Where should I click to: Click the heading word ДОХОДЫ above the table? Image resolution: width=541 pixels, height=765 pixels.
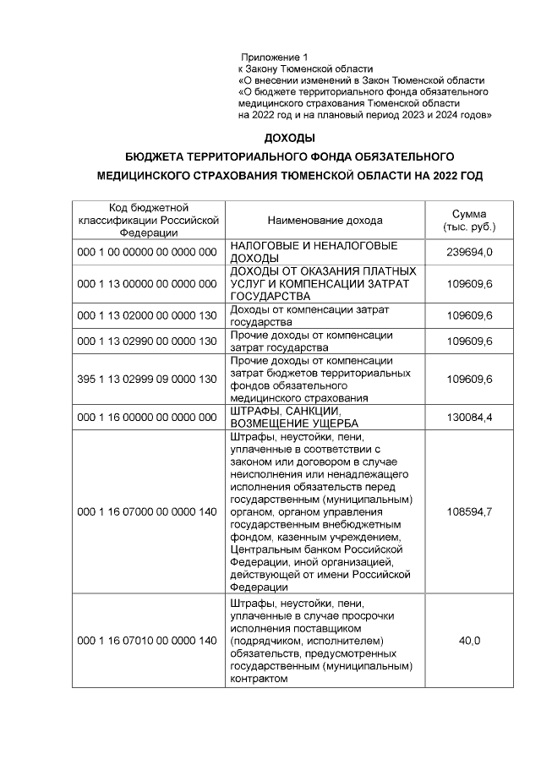coord(289,138)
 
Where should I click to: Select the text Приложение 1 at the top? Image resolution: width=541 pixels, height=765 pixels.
coord(274,57)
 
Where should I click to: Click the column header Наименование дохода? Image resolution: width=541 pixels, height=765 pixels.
coord(325,221)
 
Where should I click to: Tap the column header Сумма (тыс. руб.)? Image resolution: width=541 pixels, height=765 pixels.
coord(469,221)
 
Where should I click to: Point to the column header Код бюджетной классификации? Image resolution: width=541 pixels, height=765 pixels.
coord(148,221)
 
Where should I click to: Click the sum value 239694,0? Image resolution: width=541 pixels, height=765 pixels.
coord(469,252)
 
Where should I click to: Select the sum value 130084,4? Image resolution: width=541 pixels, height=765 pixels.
coord(469,417)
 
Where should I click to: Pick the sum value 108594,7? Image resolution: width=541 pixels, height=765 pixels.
coord(469,512)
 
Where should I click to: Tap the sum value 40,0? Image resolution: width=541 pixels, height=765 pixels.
coord(469,642)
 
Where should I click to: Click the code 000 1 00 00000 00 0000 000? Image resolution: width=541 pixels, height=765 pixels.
coord(148,252)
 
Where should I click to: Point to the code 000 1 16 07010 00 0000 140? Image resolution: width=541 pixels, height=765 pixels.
coord(148,642)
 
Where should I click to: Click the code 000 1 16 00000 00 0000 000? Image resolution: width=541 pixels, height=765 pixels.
coord(148,417)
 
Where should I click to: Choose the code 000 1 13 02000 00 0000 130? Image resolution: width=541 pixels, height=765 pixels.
coord(148,316)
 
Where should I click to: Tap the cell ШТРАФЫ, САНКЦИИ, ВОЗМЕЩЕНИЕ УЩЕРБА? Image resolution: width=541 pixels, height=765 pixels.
coord(305,417)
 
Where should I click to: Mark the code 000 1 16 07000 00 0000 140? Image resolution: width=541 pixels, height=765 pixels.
coord(148,512)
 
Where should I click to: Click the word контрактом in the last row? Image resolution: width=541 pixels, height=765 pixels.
coord(259,678)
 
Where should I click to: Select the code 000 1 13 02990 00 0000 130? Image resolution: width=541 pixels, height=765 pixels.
coord(148,342)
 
